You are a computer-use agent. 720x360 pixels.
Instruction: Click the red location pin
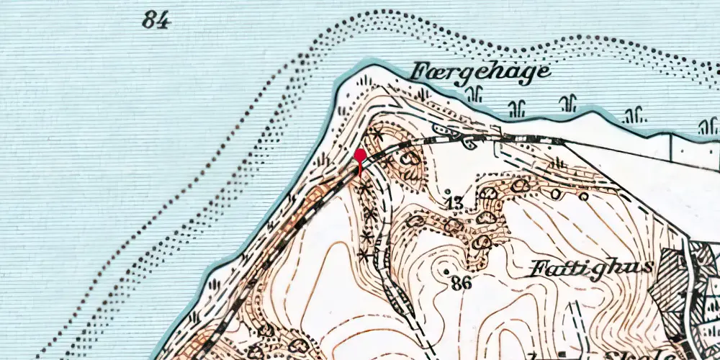point(360,160)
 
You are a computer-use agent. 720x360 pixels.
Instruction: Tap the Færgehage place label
point(481,73)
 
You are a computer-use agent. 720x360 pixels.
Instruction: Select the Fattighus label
point(591,269)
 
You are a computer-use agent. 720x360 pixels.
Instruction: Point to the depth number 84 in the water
point(156,20)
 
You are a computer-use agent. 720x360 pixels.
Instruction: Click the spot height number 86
point(462,284)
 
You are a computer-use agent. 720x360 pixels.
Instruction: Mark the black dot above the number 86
point(448,271)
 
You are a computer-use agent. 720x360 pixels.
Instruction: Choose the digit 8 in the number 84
point(149,20)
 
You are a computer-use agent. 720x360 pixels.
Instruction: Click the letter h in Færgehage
point(496,71)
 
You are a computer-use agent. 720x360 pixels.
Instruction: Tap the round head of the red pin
point(360,154)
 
